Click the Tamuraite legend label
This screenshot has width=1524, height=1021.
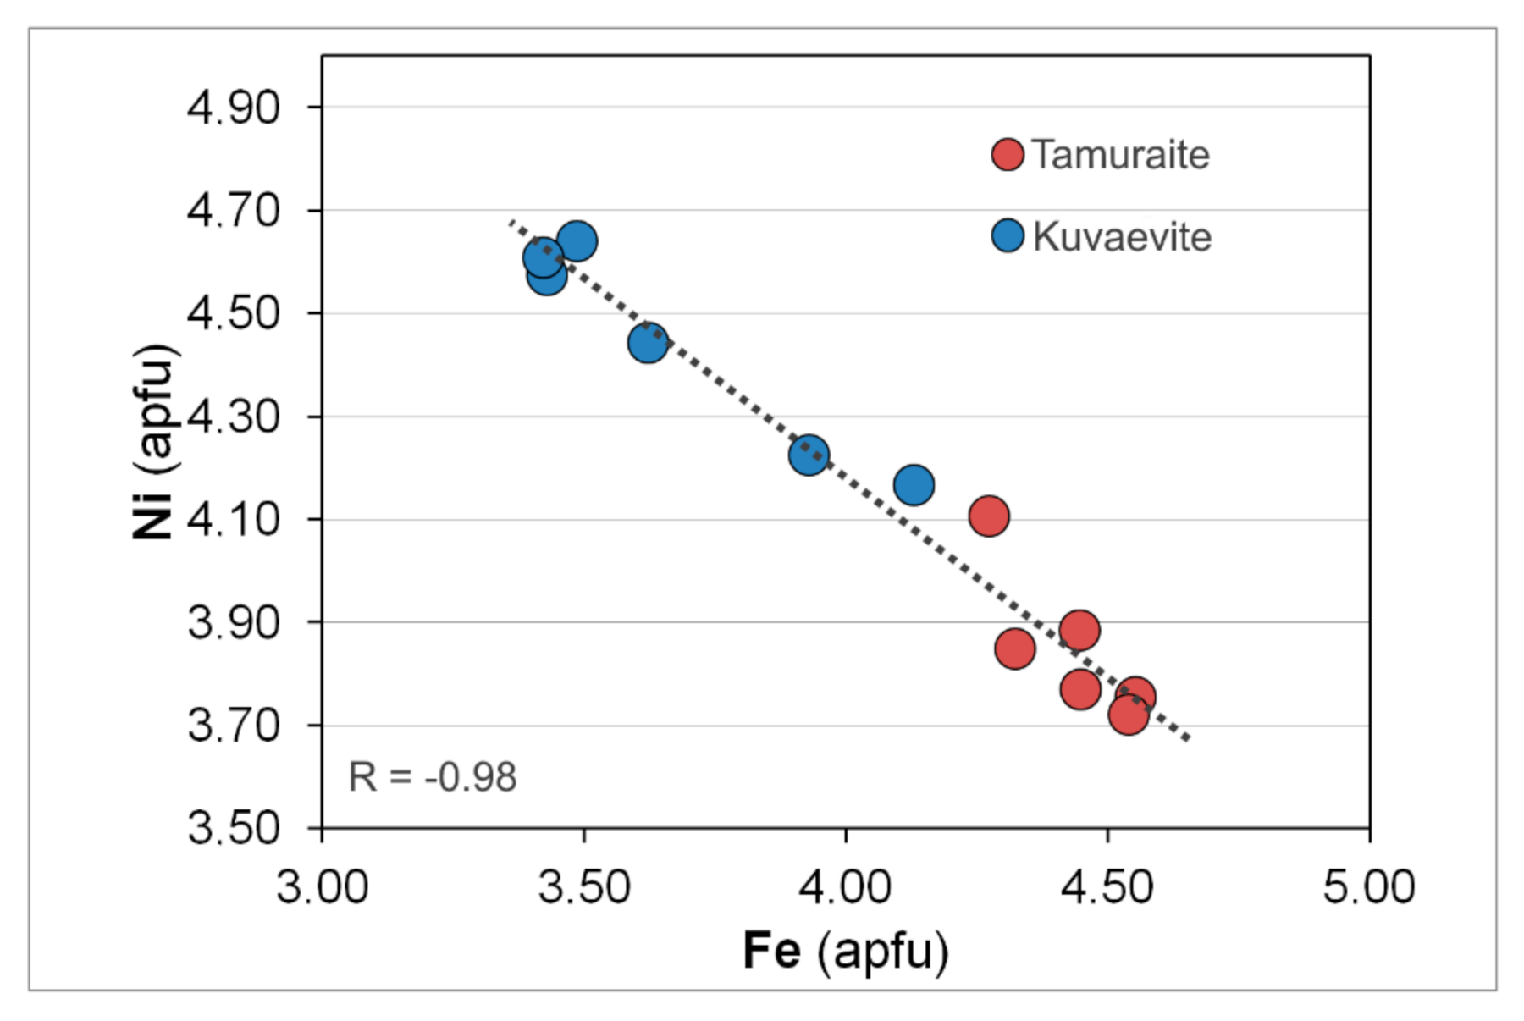click(1120, 155)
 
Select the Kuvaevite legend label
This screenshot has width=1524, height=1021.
click(1122, 236)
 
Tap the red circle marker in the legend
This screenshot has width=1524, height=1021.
click(1008, 154)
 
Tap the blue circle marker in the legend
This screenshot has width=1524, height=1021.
click(1008, 235)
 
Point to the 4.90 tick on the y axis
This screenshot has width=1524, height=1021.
click(234, 108)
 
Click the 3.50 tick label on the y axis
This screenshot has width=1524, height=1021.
click(234, 827)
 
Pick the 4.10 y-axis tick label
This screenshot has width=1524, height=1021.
click(234, 519)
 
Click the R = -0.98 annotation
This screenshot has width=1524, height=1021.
click(432, 776)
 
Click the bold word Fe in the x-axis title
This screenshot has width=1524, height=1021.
click(771, 950)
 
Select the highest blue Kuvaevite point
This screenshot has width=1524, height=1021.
click(577, 241)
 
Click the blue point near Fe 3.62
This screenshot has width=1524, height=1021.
click(648, 343)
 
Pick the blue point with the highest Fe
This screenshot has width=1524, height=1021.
click(914, 485)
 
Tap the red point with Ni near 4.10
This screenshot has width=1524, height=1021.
click(989, 516)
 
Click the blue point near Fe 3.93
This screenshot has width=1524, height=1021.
click(809, 455)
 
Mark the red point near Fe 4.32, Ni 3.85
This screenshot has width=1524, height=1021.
click(1015, 649)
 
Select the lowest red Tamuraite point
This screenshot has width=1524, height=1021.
click(1128, 715)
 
